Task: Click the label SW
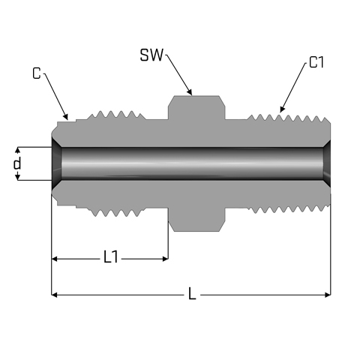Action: pyautogui.click(x=151, y=55)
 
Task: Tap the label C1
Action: pyautogui.click(x=316, y=62)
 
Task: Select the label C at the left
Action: pyautogui.click(x=37, y=73)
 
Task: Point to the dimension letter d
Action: pyautogui.click(x=17, y=163)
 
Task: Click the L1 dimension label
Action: pyautogui.click(x=110, y=257)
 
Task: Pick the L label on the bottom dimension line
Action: pyautogui.click(x=192, y=293)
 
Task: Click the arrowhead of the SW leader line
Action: pyautogui.click(x=190, y=92)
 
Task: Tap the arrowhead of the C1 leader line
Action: pyautogui.click(x=282, y=109)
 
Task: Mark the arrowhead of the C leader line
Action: pyautogui.click(x=66, y=116)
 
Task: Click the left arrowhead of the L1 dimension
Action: pyautogui.click(x=54, y=259)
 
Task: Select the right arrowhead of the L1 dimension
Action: pyautogui.click(x=165, y=259)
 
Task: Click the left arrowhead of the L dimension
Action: pyautogui.click(x=54, y=295)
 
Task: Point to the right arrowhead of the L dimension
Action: pyautogui.click(x=328, y=295)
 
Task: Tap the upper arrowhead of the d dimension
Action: pyautogui.click(x=17, y=150)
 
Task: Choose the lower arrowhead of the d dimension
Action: pyautogui.click(x=17, y=177)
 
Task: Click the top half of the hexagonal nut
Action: pyautogui.click(x=196, y=107)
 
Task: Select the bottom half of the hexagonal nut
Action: pyautogui.click(x=196, y=219)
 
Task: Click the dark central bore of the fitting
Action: pyautogui.click(x=191, y=163)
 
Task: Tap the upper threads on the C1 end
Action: pyautogui.click(x=289, y=118)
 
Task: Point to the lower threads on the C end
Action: pyautogui.click(x=116, y=212)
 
